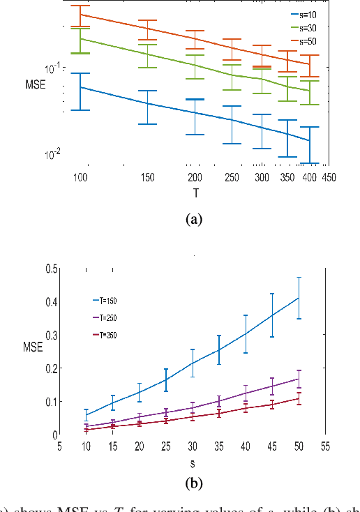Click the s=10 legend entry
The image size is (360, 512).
303,14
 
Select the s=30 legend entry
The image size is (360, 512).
303,28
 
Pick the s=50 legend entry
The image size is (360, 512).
303,41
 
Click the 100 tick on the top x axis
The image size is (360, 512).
80,178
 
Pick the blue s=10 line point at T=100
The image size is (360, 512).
80,87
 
